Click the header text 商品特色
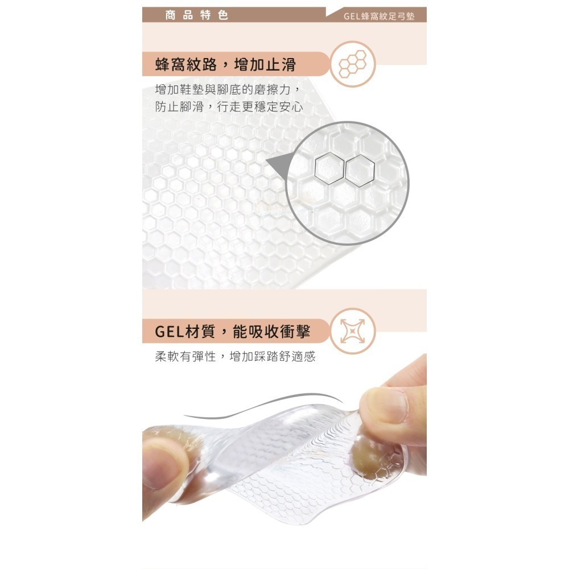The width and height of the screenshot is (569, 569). point(196,15)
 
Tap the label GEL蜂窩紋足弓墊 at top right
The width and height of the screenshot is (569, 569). point(379,16)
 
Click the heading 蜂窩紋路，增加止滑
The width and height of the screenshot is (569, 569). point(225,64)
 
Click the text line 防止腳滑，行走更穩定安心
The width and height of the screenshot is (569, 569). point(229,107)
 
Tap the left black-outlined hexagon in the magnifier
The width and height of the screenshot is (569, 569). point(329,169)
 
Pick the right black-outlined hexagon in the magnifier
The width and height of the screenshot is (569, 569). point(360,169)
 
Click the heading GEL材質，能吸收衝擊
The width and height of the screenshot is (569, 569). point(234,331)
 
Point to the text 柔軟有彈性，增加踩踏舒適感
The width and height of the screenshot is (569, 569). point(235,357)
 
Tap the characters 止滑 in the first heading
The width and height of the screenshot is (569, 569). point(281,64)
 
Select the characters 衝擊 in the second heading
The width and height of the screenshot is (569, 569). point(298,331)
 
